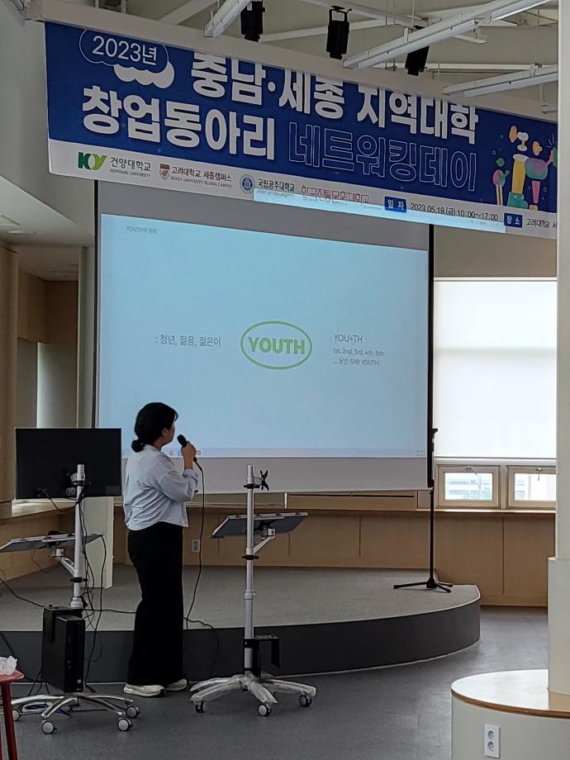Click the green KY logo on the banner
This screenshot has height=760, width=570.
click(91, 161)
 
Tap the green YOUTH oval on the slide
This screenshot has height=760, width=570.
click(276, 344)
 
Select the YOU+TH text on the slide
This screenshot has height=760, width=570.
click(347, 338)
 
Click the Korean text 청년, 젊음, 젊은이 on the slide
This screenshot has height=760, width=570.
click(188, 340)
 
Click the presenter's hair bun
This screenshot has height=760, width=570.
click(136, 445)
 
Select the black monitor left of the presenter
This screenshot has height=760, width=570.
click(68, 463)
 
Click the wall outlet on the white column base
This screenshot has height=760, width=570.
click(491, 740)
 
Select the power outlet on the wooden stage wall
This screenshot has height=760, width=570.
click(196, 545)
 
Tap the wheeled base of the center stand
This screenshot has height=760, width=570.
click(252, 690)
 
